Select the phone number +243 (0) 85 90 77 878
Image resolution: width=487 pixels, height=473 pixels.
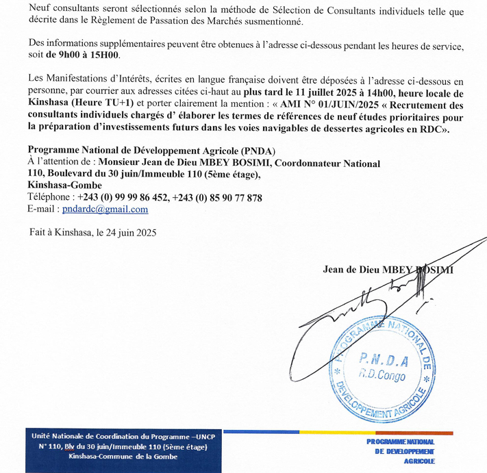click(219, 198)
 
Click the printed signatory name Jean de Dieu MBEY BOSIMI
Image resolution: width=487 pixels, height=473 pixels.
click(388, 270)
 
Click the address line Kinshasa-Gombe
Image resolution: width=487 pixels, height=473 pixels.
click(65, 186)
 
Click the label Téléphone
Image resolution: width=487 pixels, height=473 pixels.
click(50, 198)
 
